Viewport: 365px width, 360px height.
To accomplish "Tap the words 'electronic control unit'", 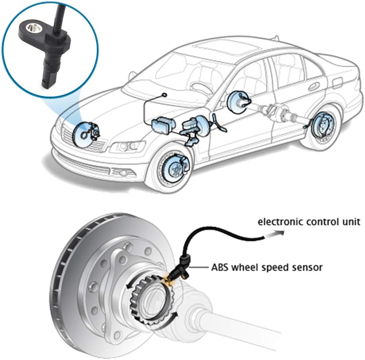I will coord(309,222).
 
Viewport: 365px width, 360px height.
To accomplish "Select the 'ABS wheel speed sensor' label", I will coord(267,268).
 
